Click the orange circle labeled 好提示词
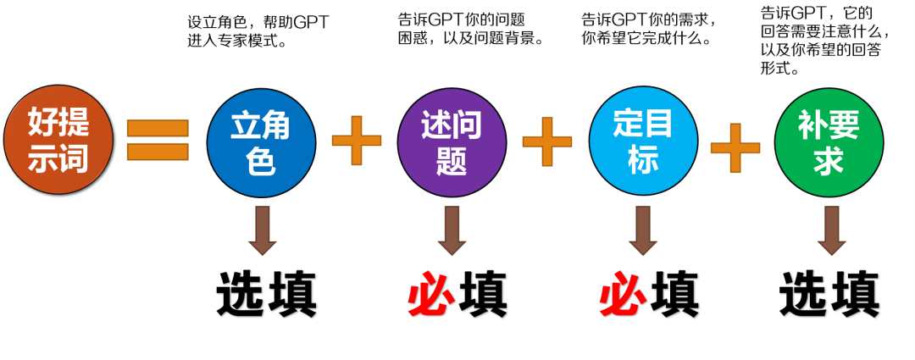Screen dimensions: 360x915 tap(58, 140)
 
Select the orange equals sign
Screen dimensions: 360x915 tap(158, 140)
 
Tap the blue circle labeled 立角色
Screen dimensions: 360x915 tap(261, 142)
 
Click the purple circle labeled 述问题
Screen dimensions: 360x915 tap(452, 142)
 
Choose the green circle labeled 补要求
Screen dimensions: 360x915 tap(829, 142)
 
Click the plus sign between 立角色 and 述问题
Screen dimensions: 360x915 tap(357, 141)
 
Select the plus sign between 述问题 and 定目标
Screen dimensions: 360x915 tap(547, 141)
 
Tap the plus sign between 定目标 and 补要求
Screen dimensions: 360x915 tap(735, 147)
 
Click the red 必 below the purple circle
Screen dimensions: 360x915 tap(431, 296)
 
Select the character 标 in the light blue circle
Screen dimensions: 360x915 tap(643, 159)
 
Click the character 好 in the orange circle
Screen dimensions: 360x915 tap(42, 122)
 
